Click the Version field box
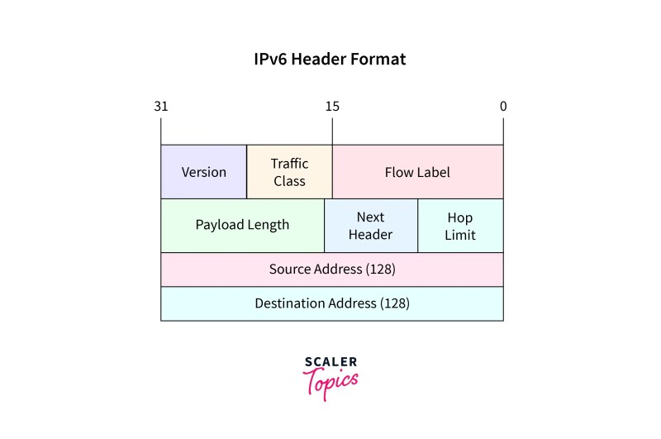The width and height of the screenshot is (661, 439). click(203, 172)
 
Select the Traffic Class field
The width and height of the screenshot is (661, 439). click(290, 172)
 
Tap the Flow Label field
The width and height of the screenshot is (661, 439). click(418, 172)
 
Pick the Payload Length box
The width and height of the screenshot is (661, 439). click(242, 226)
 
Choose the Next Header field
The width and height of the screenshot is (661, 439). click(371, 226)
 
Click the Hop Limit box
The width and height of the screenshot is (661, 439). click(460, 226)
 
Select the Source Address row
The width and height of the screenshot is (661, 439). click(332, 270)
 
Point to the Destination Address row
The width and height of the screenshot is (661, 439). click(332, 303)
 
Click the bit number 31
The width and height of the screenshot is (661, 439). click(161, 107)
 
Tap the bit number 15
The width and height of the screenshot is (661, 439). click(332, 107)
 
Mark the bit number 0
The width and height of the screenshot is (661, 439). click(503, 107)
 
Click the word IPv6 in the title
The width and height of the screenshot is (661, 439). click(270, 59)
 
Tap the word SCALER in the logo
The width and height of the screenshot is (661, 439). click(331, 362)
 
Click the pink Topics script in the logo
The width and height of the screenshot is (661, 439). click(330, 383)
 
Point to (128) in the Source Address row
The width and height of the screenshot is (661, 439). click(381, 269)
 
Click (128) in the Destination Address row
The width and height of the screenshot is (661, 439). click(395, 303)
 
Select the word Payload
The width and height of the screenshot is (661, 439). click(220, 225)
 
